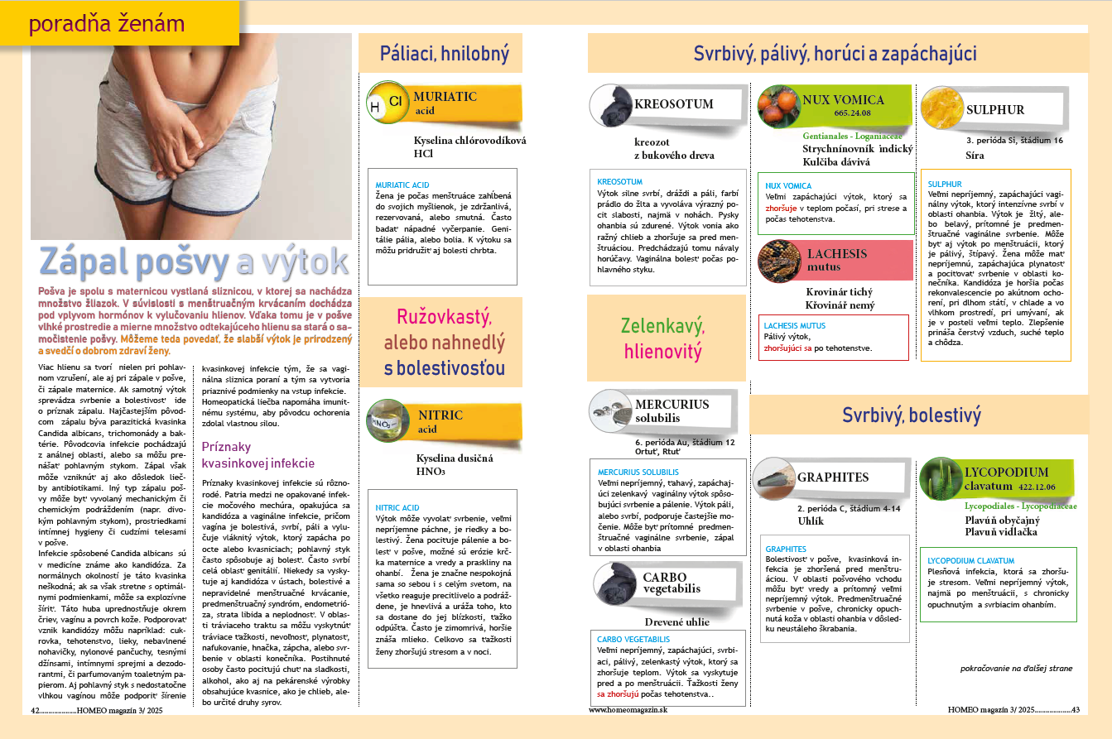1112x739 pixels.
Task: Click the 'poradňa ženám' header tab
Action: (x=118, y=24)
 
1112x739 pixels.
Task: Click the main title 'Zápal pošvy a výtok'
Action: (x=194, y=262)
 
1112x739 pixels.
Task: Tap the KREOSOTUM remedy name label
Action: (x=674, y=104)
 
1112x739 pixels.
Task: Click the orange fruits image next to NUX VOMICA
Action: (x=777, y=105)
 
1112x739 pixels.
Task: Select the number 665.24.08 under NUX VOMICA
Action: (x=852, y=113)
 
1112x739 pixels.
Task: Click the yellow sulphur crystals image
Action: (x=941, y=106)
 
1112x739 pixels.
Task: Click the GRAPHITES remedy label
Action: (x=832, y=477)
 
